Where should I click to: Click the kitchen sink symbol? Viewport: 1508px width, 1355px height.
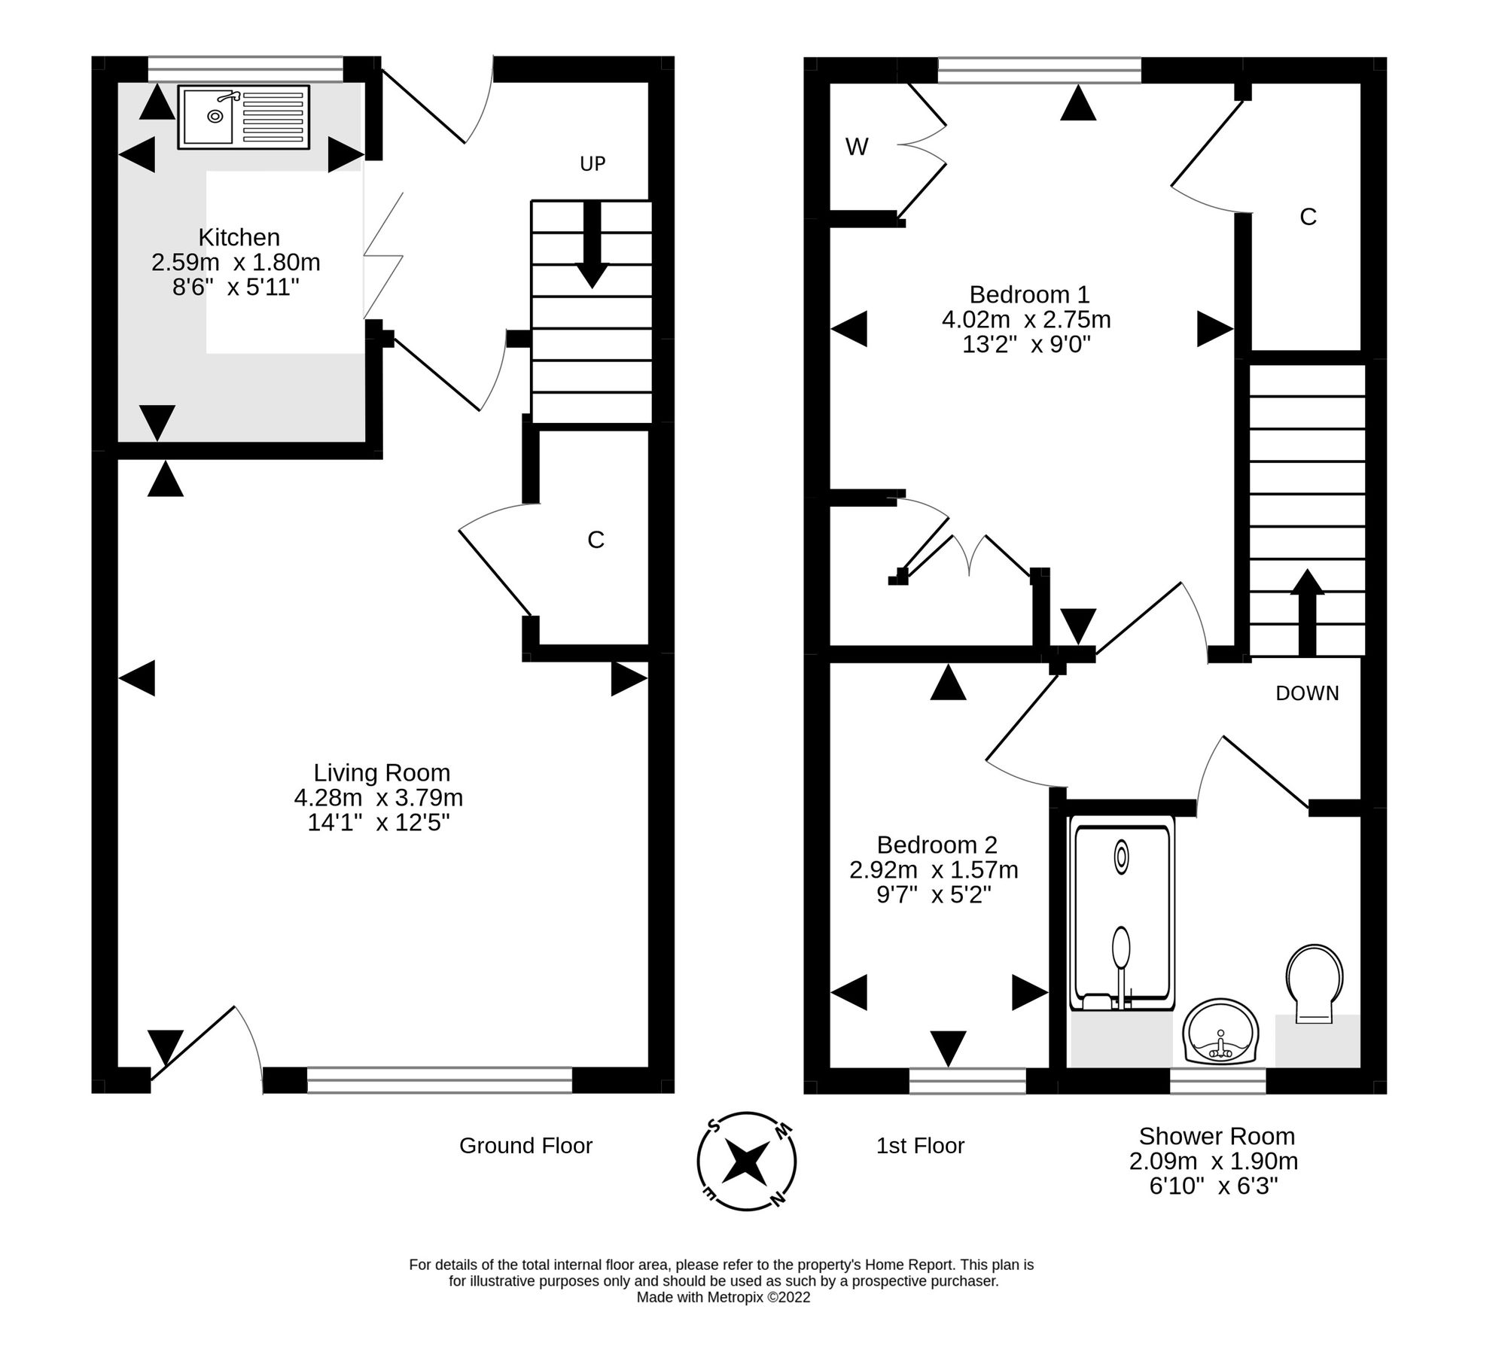[x=243, y=117]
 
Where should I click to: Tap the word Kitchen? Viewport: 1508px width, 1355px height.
[x=239, y=237]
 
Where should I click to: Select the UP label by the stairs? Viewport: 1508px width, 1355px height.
[x=593, y=163]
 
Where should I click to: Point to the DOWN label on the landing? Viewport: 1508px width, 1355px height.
[x=1307, y=693]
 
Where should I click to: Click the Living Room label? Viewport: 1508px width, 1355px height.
[x=382, y=772]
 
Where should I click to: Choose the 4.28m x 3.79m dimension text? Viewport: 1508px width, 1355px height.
[x=378, y=797]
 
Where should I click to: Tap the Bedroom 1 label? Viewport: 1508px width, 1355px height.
[x=1029, y=294]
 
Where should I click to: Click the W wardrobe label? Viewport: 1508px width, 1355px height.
[x=857, y=147]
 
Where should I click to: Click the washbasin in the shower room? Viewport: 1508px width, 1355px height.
[x=1220, y=1031]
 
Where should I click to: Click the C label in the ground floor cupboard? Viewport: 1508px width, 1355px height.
[x=596, y=540]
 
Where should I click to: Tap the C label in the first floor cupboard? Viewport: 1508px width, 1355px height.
[x=1308, y=217]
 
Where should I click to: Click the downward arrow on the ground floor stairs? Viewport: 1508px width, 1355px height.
[x=593, y=245]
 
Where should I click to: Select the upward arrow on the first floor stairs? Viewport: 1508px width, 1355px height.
[x=1307, y=613]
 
